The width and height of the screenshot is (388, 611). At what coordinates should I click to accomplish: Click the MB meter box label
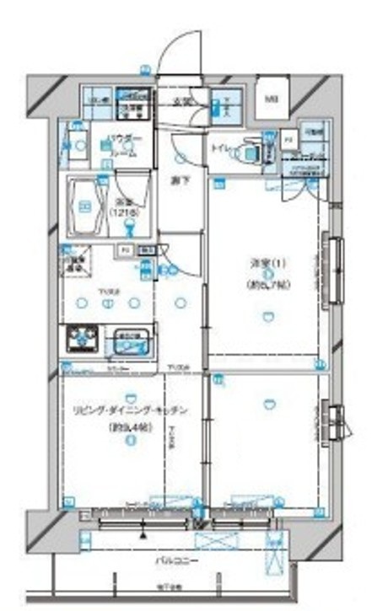point(272,99)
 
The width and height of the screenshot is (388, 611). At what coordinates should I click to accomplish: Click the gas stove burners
point(82,340)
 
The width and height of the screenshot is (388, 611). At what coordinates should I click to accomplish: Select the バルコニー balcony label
point(171,560)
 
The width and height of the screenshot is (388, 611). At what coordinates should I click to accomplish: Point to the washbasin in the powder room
point(78,146)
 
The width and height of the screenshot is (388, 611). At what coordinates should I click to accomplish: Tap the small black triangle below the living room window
point(144,533)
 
